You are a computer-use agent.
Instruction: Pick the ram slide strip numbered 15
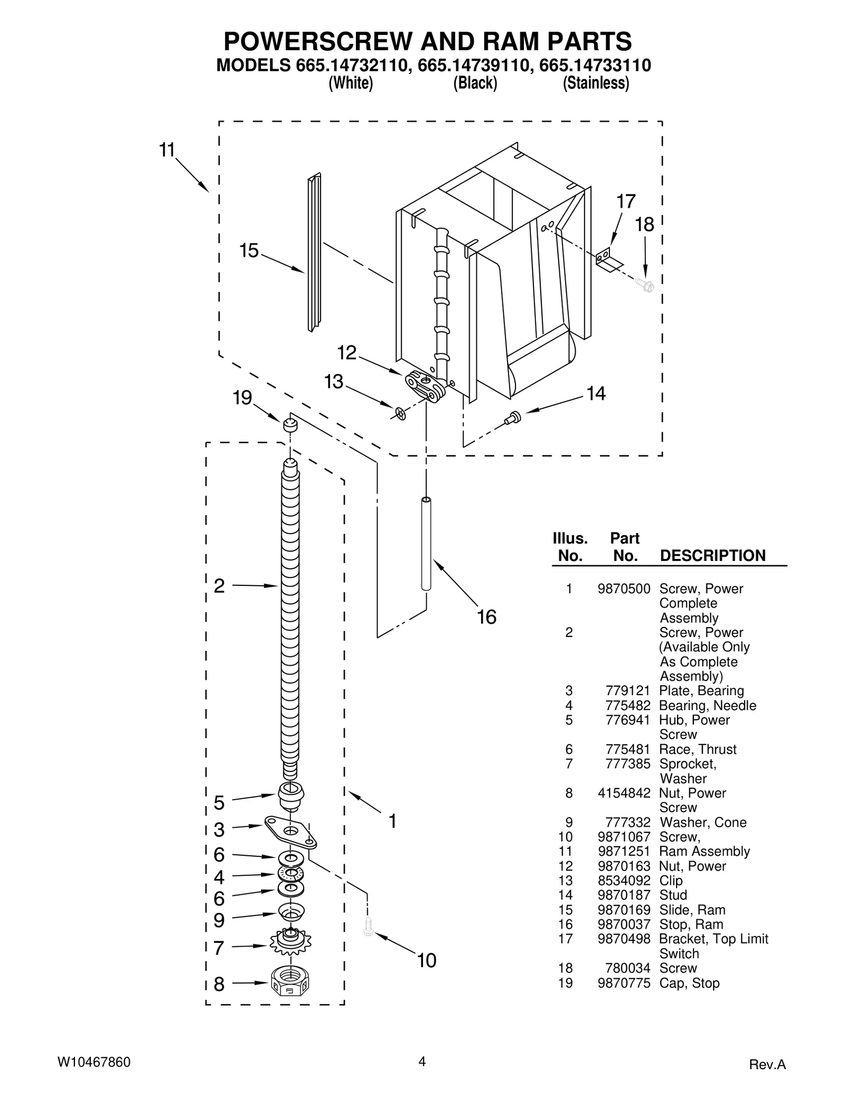pyautogui.click(x=314, y=253)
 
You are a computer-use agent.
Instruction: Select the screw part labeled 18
pyautogui.click(x=645, y=285)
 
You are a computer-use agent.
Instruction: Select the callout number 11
pyautogui.click(x=167, y=151)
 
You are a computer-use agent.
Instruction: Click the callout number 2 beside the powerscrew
pyautogui.click(x=219, y=586)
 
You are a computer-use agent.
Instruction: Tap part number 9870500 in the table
pyautogui.click(x=624, y=588)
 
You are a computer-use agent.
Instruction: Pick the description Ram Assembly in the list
pyautogui.click(x=705, y=852)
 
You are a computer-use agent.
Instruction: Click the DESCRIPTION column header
pyautogui.click(x=712, y=555)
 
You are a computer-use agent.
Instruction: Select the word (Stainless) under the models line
pyautogui.click(x=596, y=83)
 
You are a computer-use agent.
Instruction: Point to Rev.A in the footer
pyautogui.click(x=767, y=1064)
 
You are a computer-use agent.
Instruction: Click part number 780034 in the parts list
pyautogui.click(x=631, y=968)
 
